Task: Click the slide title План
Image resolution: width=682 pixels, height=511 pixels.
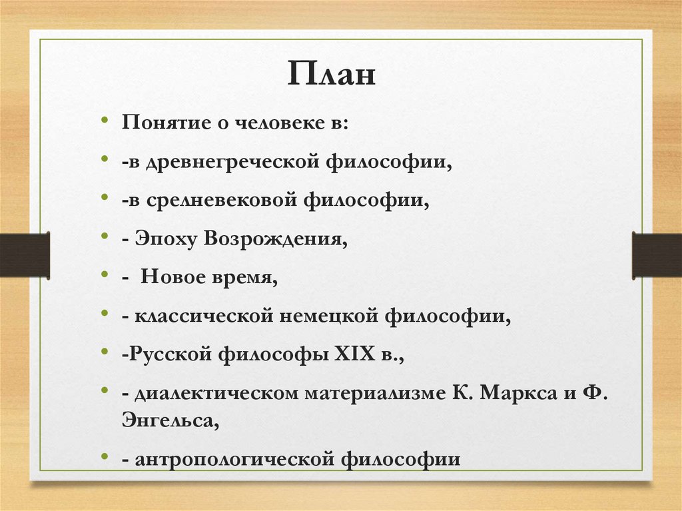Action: coord(332,74)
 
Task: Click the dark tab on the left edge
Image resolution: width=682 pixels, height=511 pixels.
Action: coord(25,255)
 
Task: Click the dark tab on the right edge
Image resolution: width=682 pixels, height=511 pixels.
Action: coord(657,255)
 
